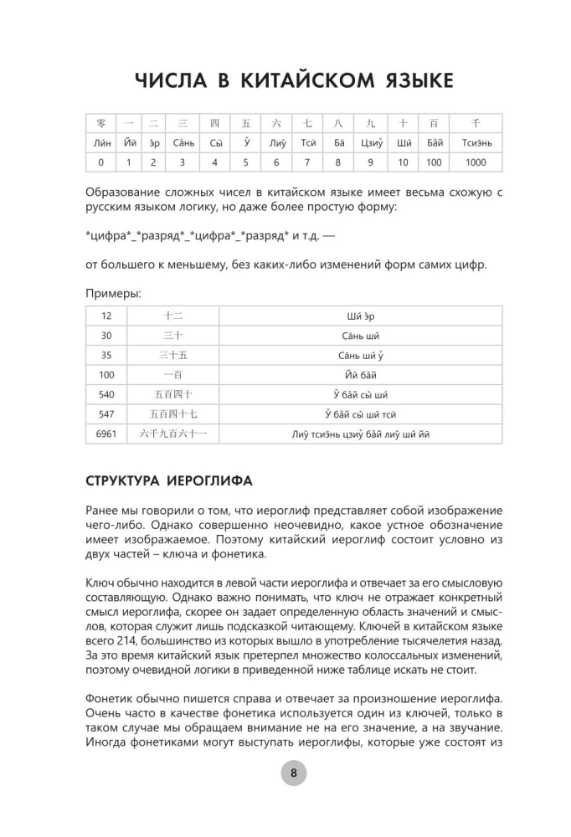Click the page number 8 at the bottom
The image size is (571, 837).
coord(294,773)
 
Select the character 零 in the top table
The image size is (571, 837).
coord(100,123)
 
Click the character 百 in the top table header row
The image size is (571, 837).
coord(433,123)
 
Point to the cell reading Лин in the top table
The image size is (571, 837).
coord(100,142)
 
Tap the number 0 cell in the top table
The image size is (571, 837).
coord(100,162)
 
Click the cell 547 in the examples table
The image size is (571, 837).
coord(106,413)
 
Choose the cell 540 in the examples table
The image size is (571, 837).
coord(106,394)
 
